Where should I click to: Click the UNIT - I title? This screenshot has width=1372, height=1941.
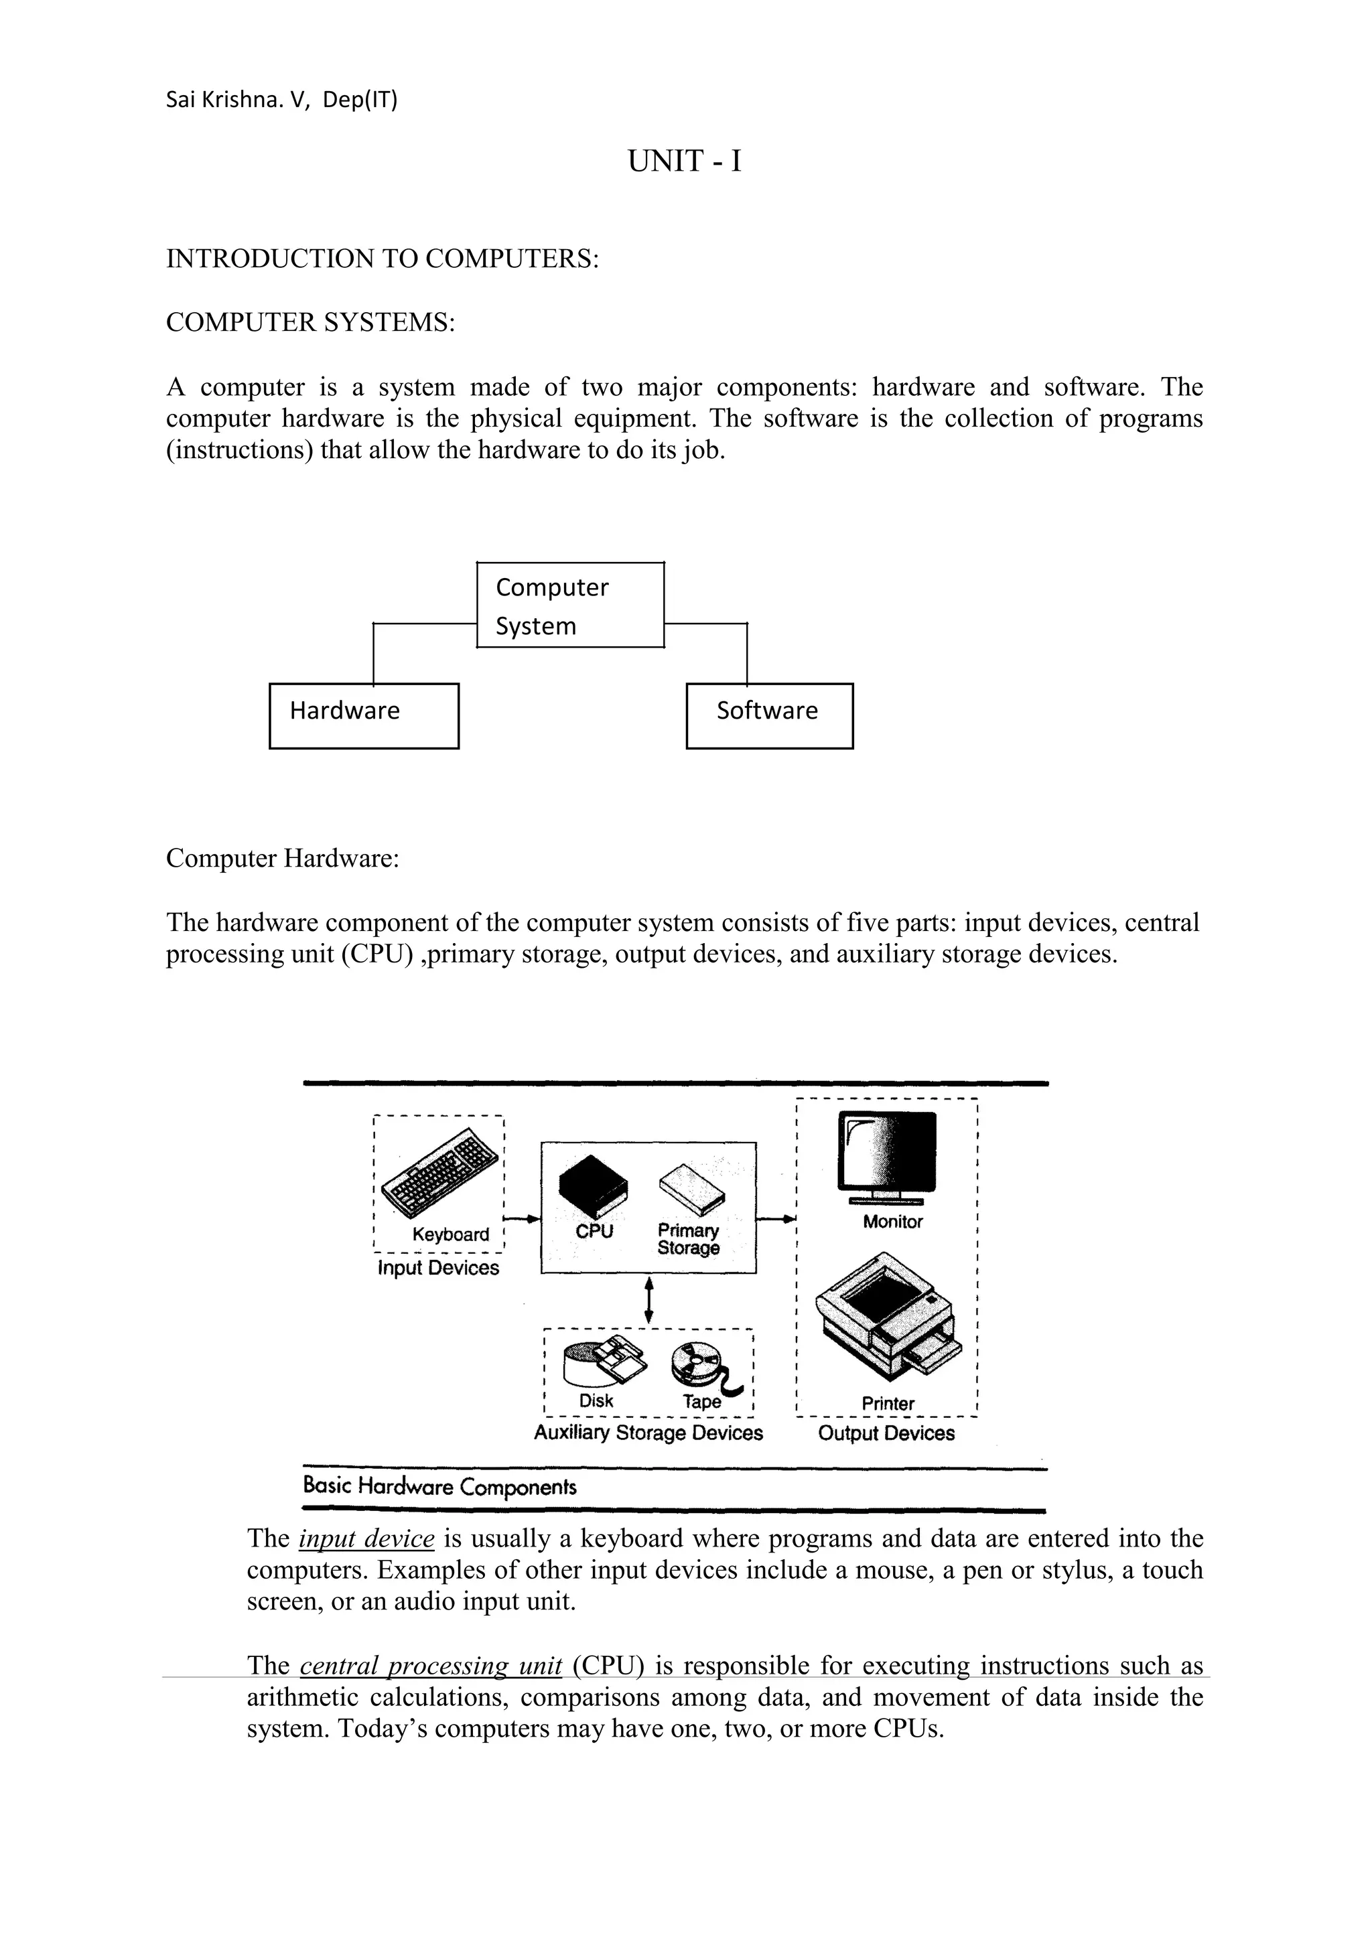click(x=684, y=161)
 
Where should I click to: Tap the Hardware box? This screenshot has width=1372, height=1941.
click(x=364, y=715)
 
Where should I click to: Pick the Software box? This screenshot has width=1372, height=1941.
click(x=768, y=715)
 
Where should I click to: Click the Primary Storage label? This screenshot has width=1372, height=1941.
click(x=688, y=1239)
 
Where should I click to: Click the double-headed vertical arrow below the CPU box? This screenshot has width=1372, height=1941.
click(x=648, y=1299)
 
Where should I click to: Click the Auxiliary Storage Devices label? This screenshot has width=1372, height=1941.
click(x=648, y=1432)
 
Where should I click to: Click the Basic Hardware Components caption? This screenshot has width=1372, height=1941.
click(x=439, y=1486)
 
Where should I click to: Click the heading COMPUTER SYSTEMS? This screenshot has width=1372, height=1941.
click(x=310, y=322)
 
